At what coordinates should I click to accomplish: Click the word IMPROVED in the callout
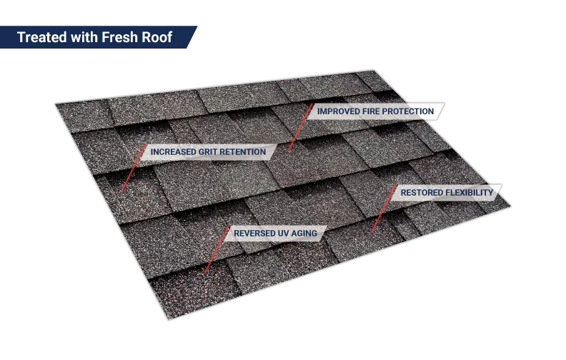(338, 111)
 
